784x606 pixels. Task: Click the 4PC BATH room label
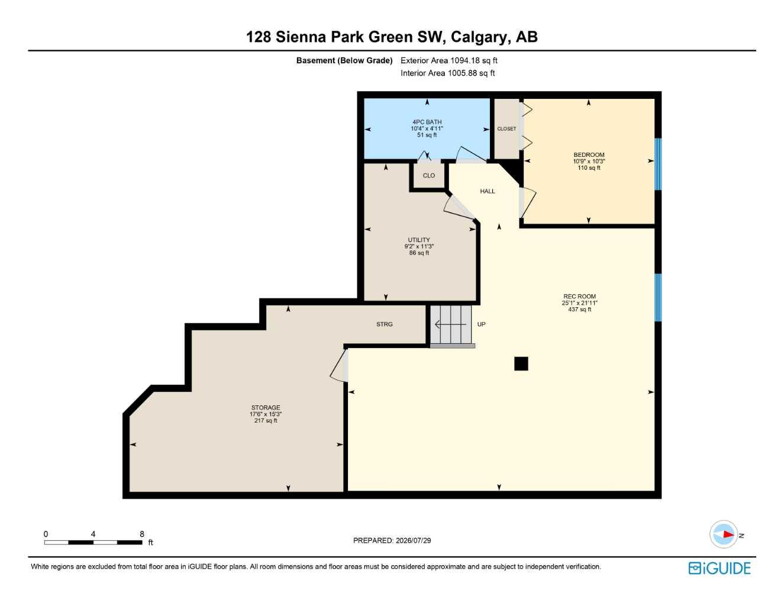click(x=427, y=123)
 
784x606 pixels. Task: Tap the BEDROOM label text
click(x=589, y=154)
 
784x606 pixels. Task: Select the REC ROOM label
click(x=579, y=296)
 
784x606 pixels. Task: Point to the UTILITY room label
click(x=419, y=240)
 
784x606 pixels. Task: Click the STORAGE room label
click(x=266, y=408)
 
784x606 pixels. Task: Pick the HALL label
click(x=488, y=191)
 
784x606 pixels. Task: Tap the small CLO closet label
click(x=429, y=176)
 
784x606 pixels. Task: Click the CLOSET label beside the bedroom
click(x=506, y=129)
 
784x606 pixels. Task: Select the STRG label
click(x=384, y=324)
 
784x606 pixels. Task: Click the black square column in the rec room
click(x=521, y=363)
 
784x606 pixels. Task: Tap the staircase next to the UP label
click(x=451, y=325)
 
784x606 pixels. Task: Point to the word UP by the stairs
click(x=481, y=324)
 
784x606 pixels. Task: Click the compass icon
click(x=724, y=534)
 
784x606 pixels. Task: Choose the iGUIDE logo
click(x=720, y=568)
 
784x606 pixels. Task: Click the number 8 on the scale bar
click(x=142, y=534)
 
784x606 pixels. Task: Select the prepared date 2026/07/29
click(x=414, y=540)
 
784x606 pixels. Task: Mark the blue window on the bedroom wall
click(x=658, y=164)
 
